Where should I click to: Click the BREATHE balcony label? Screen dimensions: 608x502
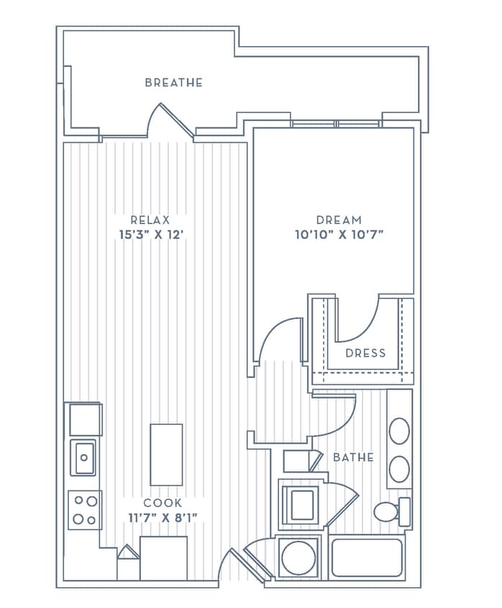pos(173,83)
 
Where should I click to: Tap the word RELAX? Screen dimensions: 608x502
pos(150,220)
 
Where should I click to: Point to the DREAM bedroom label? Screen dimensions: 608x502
pos(338,220)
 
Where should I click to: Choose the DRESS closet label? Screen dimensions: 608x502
pos(365,353)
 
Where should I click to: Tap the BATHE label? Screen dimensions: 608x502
pos(352,457)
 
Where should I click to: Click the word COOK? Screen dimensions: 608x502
pos(163,503)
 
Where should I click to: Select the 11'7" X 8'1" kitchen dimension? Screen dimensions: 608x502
pos(163,517)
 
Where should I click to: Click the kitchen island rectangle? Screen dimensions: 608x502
pos(166,455)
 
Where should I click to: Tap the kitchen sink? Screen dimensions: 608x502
pos(83,457)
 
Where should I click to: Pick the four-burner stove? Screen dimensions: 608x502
pos(85,510)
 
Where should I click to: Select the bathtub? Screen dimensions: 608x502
pos(367,557)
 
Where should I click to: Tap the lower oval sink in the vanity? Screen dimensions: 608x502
pos(399,469)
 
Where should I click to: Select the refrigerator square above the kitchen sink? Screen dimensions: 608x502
pos(85,419)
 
